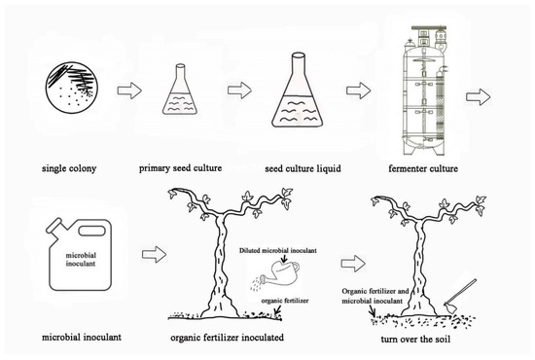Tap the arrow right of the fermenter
(480, 93)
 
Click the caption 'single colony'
(69, 167)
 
